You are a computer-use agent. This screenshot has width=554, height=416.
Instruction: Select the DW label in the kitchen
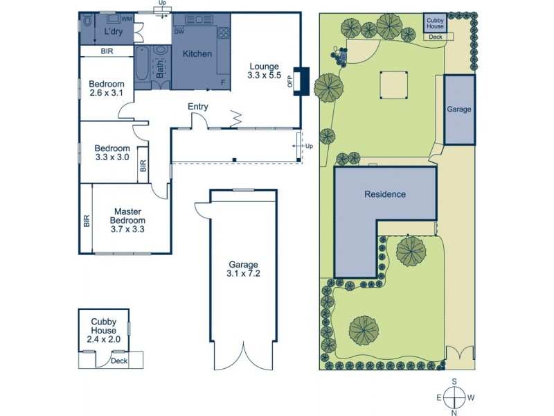(179, 31)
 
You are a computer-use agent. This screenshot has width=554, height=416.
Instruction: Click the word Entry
(198, 106)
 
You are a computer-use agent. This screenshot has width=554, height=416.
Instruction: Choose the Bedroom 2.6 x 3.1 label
(106, 88)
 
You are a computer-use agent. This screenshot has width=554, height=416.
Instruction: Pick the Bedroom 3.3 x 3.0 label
(112, 153)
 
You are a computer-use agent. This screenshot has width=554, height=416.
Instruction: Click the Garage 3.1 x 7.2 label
(240, 269)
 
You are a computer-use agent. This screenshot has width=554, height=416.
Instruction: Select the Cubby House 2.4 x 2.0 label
(103, 330)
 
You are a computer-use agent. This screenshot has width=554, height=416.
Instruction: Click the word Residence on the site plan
(385, 194)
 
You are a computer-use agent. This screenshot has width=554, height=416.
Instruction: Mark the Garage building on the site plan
(458, 110)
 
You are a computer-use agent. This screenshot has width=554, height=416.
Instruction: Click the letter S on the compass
(454, 381)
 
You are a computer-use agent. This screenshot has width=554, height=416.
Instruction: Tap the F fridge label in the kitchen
(222, 83)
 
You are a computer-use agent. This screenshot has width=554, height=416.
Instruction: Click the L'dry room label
(113, 33)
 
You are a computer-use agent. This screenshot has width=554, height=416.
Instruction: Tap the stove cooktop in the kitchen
(224, 31)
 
